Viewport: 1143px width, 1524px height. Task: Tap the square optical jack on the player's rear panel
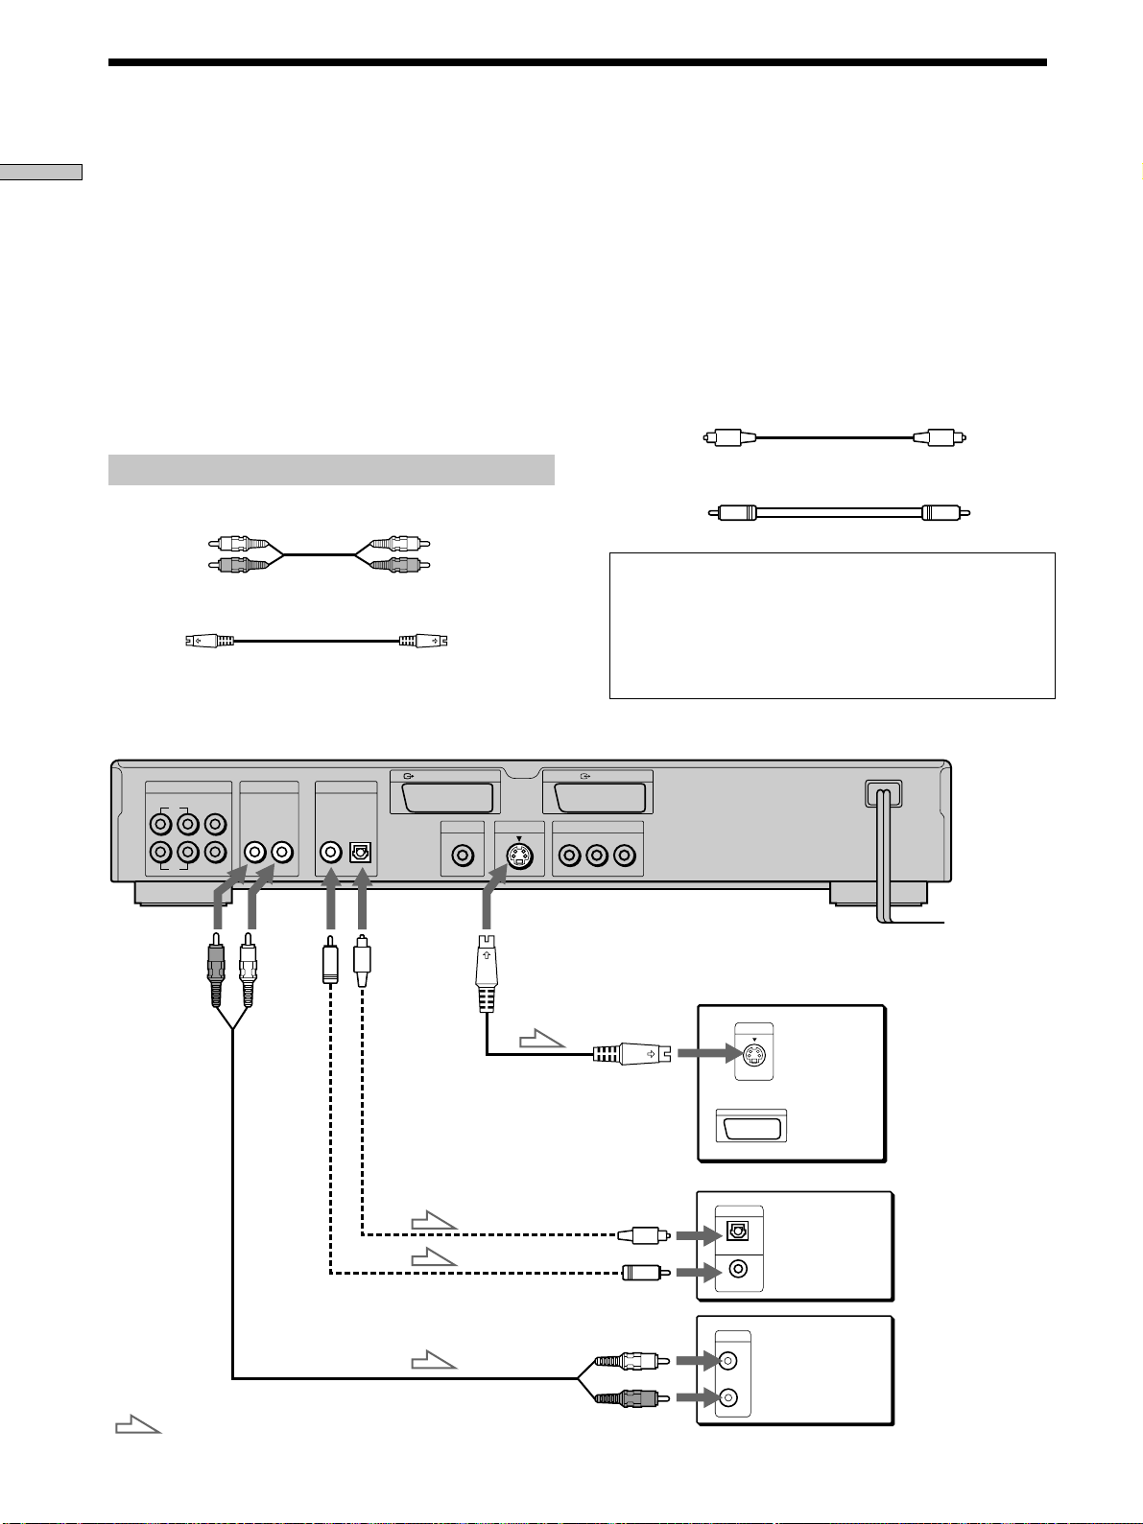point(361,852)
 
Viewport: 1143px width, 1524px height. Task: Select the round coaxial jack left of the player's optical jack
point(331,852)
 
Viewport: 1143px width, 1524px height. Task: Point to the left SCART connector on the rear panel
point(445,798)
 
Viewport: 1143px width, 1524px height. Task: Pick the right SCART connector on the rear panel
point(597,798)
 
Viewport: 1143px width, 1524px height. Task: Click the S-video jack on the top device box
point(753,1054)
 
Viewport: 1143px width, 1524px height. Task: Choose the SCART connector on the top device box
point(752,1126)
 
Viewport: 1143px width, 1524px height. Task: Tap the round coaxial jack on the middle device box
point(737,1270)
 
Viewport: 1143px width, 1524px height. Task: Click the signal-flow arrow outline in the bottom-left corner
point(136,1425)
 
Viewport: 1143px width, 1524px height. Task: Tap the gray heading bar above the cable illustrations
point(331,470)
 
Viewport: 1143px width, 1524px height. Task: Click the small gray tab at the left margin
point(41,172)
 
